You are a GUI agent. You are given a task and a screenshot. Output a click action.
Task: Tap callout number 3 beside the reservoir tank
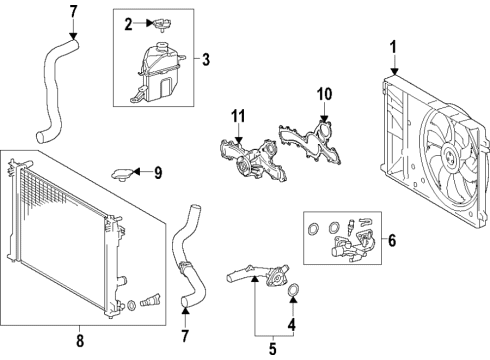204,59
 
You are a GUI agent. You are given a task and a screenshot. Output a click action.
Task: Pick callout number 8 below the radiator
79,340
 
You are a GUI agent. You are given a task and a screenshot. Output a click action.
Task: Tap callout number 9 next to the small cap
156,173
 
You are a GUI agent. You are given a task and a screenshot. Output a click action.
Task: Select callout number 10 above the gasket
324,95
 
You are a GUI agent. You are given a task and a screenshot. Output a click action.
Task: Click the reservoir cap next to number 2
161,22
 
